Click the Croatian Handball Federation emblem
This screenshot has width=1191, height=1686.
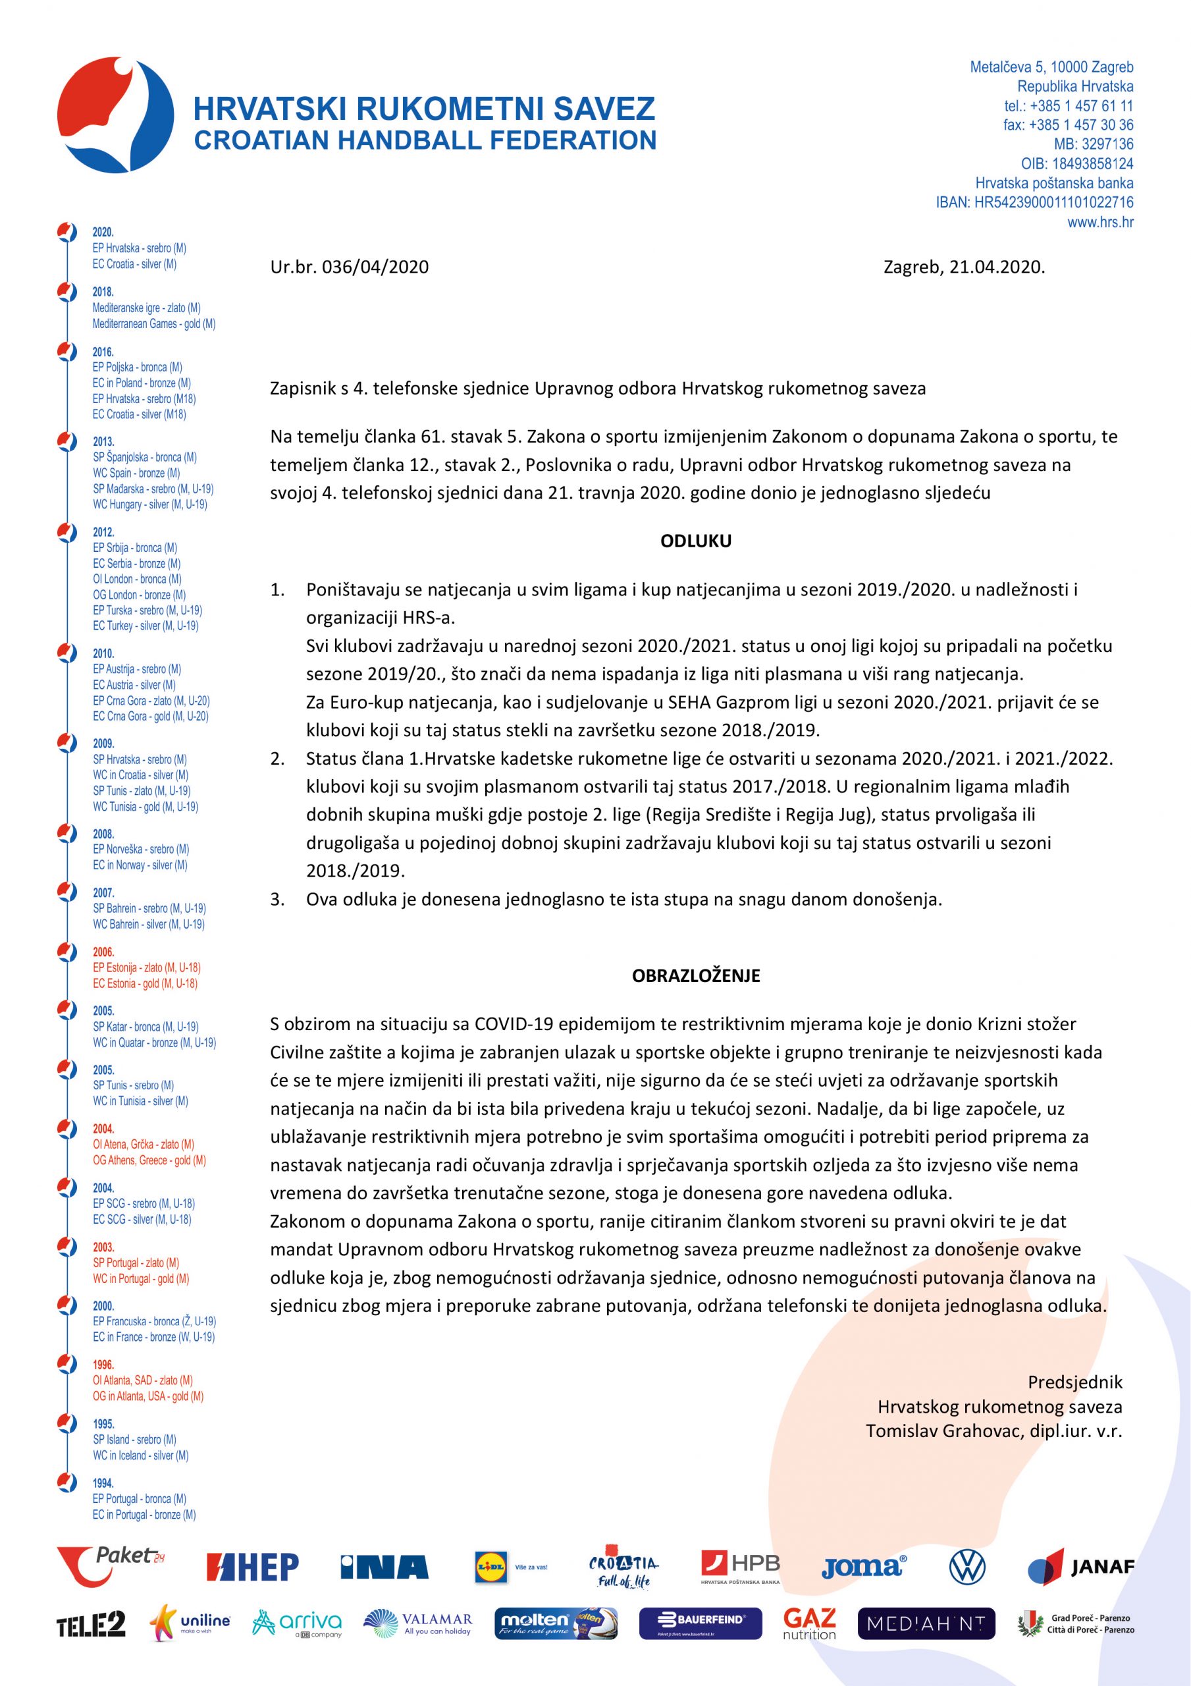point(116,115)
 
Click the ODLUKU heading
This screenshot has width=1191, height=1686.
point(695,541)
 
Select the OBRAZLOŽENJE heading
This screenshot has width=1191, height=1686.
point(695,976)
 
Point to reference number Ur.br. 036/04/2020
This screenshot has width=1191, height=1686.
point(350,267)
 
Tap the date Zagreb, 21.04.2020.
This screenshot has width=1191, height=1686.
point(963,267)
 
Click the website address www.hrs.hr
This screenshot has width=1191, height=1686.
point(1100,222)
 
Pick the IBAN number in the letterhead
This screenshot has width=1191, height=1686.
point(1034,203)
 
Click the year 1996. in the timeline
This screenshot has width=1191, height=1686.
point(103,1365)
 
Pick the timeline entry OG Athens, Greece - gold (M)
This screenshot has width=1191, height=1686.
point(149,1160)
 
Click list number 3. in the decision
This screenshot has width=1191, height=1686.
point(278,900)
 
